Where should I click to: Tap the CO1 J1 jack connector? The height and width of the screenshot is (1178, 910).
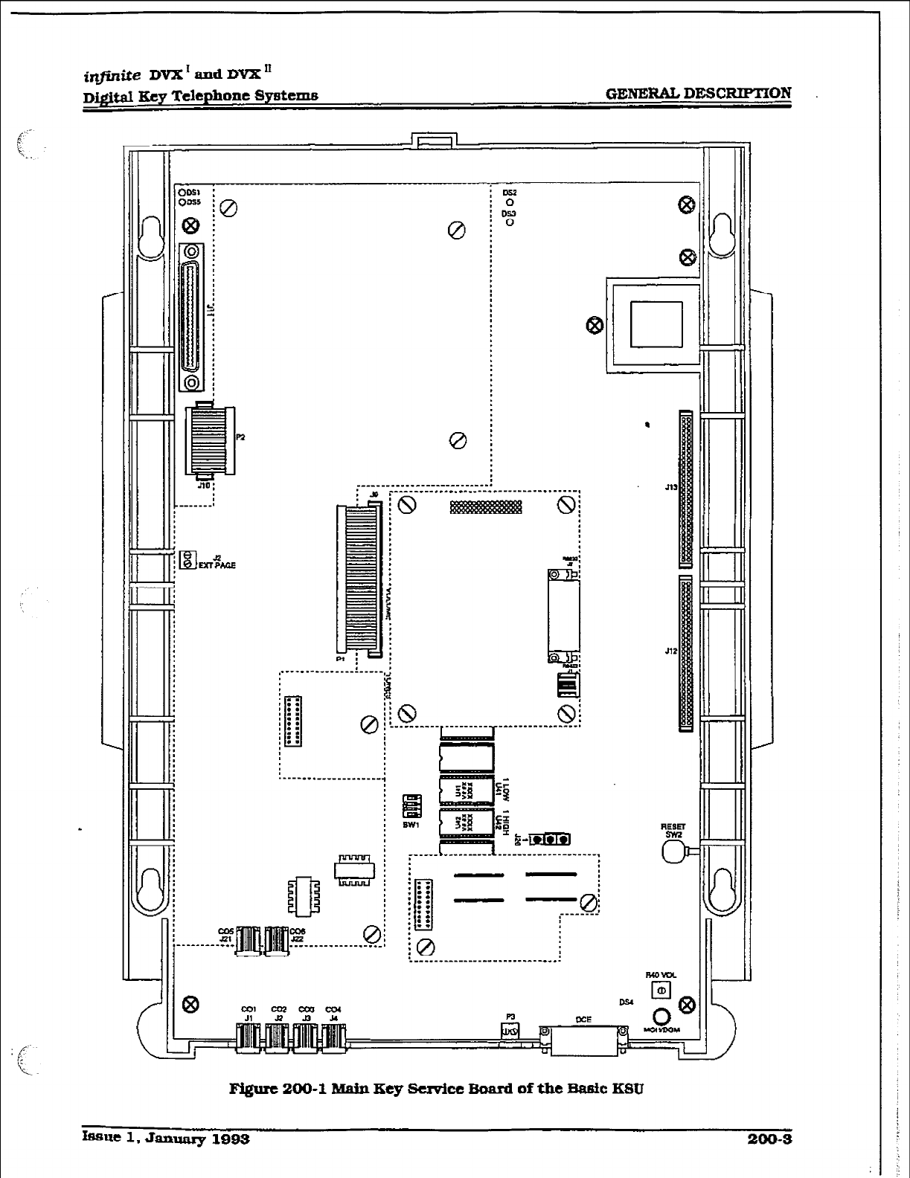[x=249, y=1037]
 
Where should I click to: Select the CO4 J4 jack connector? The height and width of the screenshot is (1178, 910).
[x=333, y=1037]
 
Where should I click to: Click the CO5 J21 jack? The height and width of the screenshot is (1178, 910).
[x=249, y=939]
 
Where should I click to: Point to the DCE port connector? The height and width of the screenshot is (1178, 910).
[x=583, y=1037]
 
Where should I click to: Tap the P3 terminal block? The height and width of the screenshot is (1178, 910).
[x=510, y=1031]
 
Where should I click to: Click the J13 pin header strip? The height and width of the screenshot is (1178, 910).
[x=685, y=489]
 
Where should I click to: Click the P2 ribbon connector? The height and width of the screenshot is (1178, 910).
[x=208, y=440]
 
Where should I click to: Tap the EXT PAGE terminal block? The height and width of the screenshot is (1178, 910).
[x=188, y=561]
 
